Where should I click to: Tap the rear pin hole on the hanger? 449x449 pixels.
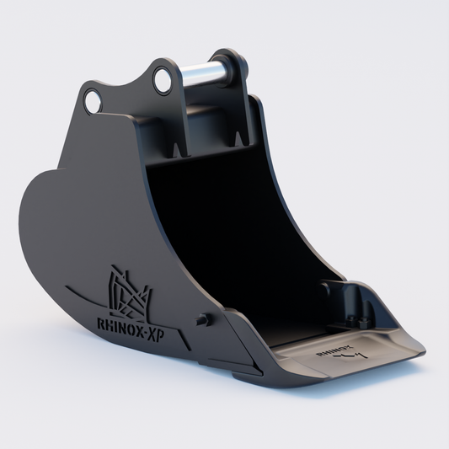click(x=92, y=102)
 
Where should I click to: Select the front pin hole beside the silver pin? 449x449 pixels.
click(x=161, y=80)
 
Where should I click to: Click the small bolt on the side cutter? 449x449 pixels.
click(x=202, y=319)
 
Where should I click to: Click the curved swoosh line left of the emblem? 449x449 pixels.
click(x=80, y=295)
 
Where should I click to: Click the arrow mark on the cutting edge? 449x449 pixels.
click(x=345, y=357)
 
